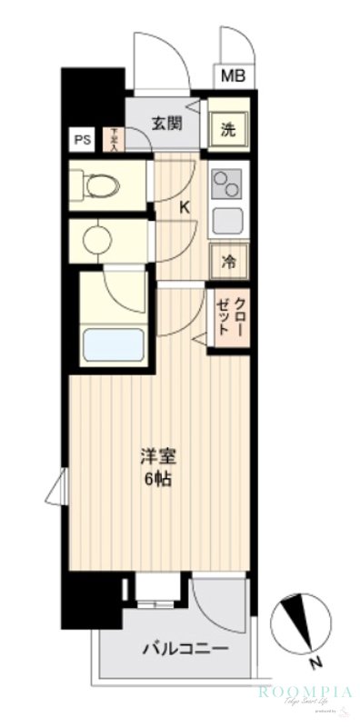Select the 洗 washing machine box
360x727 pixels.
click(x=228, y=129)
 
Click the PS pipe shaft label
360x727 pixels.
click(x=83, y=140)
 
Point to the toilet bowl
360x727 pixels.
click(x=101, y=187)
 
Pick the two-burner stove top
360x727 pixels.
click(x=224, y=185)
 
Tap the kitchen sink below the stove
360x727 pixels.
click(x=224, y=219)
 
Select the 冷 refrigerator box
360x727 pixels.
click(x=228, y=263)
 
